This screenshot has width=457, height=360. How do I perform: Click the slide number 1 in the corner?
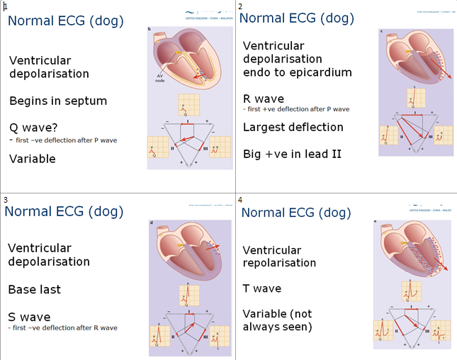pos(5,6)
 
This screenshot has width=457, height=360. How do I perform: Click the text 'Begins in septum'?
pos(58,101)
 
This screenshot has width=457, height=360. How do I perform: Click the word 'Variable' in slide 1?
pos(33,159)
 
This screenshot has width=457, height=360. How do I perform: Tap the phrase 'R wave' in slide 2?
pos(263,99)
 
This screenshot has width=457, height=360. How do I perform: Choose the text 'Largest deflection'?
pos(293,127)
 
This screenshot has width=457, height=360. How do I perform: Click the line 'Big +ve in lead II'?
pos(291,153)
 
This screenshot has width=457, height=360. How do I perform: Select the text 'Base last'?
pos(35,289)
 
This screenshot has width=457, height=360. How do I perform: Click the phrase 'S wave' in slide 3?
pos(29,317)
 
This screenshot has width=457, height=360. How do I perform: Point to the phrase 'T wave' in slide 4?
pos(262,288)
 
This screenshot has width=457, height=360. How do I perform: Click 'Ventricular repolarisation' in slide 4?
pos(279,256)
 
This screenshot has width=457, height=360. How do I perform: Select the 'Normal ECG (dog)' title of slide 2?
pos(298,18)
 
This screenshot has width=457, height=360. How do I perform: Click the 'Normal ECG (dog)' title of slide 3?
pos(63,210)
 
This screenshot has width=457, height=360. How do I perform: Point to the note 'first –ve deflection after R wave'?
pos(63,327)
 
